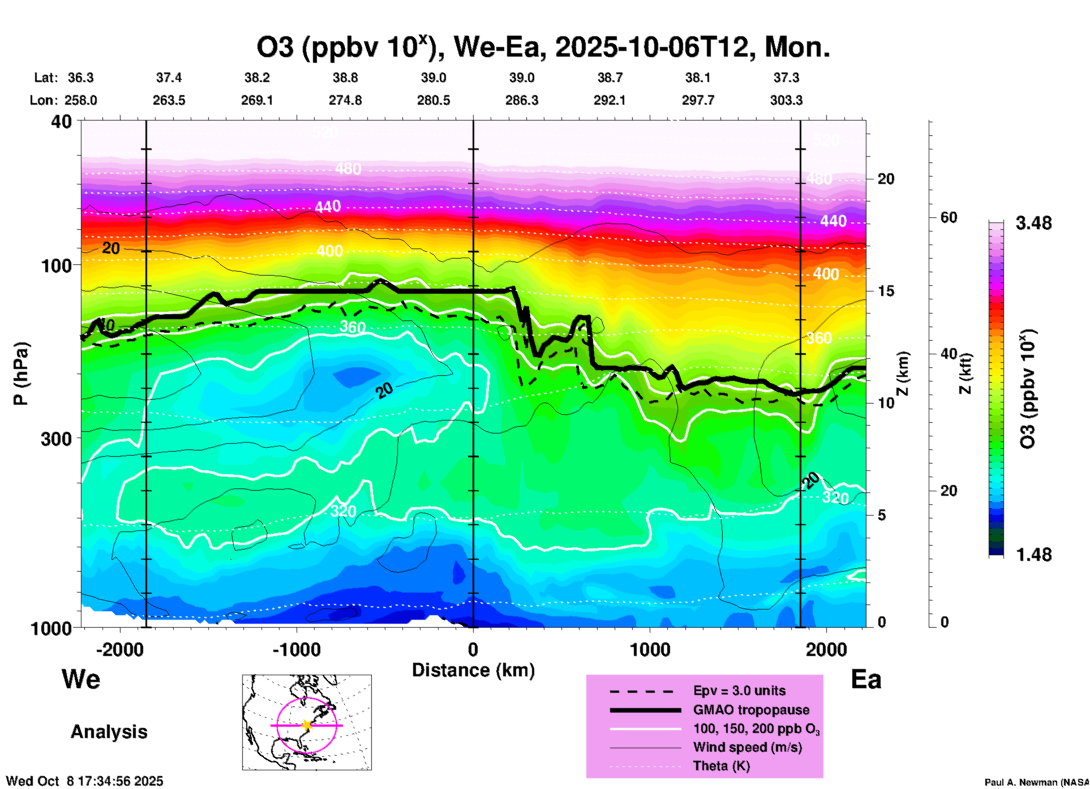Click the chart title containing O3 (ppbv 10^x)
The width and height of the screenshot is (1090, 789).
pos(543,48)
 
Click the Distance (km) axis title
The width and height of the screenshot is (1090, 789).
pos(473,670)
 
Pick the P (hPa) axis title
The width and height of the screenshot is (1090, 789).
pos(21,374)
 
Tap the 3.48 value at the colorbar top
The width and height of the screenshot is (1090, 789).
pos(1033,224)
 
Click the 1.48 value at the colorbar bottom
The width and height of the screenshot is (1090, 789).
pos(1033,555)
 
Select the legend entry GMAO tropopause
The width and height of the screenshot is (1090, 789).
pos(751,710)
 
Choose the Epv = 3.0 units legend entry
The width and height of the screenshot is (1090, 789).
pos(739,691)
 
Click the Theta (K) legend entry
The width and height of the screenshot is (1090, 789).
pos(721,766)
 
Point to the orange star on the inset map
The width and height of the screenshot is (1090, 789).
pos(307,725)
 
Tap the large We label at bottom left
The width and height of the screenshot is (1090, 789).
pos(81,679)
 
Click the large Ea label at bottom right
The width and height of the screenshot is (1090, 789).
pos(866,680)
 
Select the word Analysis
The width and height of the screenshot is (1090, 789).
pos(109,732)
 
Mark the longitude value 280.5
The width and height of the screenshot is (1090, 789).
pos(434,100)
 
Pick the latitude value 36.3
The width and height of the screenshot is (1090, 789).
pos(81,78)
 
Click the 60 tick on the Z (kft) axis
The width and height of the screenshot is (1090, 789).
pos(949,217)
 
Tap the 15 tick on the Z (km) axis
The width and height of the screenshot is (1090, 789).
pos(886,291)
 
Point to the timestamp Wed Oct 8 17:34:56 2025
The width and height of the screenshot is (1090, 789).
pos(84,781)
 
